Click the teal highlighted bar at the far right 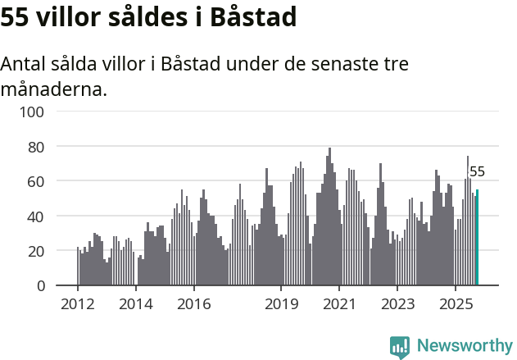478,238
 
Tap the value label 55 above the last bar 477,172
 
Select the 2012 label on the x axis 78,303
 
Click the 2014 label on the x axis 136,303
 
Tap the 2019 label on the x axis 281,303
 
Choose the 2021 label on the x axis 338,303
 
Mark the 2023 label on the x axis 397,303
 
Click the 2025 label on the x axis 454,303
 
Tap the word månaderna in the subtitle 54,89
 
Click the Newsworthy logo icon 400,347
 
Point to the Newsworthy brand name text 464,346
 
